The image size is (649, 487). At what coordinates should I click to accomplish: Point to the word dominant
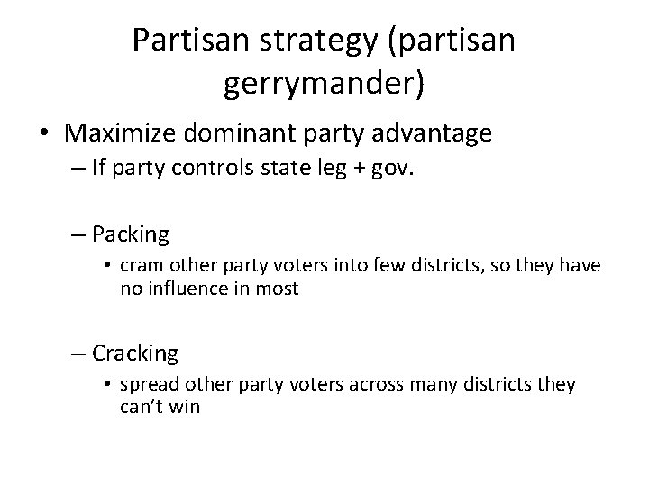coord(229,134)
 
